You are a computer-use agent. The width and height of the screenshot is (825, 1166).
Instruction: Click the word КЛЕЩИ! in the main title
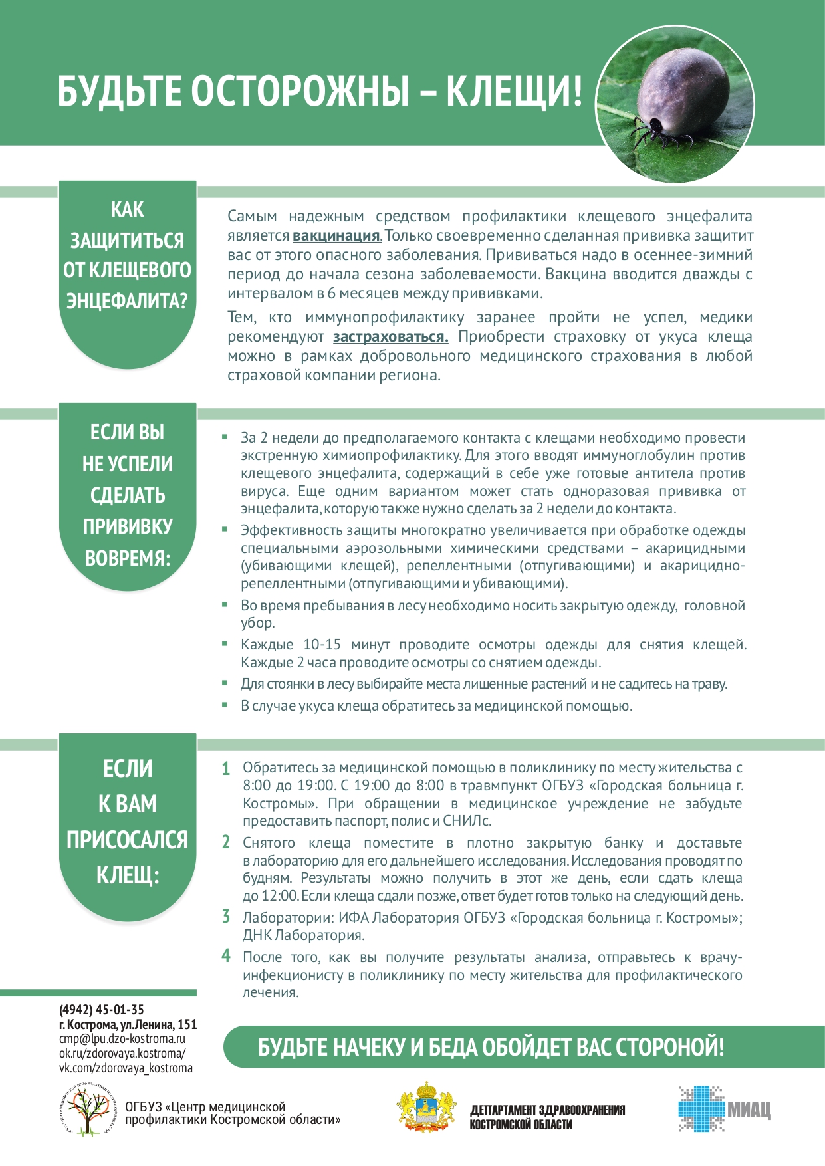(x=514, y=91)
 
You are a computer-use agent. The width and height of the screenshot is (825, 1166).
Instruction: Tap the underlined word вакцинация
(x=336, y=236)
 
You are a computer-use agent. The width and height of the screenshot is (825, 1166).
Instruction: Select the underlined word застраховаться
(x=390, y=337)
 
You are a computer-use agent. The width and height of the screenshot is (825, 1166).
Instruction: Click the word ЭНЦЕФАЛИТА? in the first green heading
(x=127, y=301)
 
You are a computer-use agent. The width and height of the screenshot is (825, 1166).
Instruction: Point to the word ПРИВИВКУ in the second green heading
(x=127, y=526)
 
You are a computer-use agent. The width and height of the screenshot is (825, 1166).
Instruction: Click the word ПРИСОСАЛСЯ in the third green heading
(x=127, y=840)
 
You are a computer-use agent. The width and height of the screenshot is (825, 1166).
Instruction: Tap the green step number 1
(x=226, y=769)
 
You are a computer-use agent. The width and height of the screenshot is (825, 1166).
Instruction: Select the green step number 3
(x=226, y=917)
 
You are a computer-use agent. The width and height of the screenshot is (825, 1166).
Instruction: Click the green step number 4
(x=226, y=957)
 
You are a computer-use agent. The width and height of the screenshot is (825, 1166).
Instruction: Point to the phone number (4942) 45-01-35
(x=101, y=1010)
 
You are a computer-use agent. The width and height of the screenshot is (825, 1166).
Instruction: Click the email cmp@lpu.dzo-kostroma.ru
(x=122, y=1039)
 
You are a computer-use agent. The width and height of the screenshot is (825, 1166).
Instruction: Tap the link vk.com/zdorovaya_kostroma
(x=126, y=1068)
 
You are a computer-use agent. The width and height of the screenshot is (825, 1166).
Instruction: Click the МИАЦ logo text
(x=749, y=1109)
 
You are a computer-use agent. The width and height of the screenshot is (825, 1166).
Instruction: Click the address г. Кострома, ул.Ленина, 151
(x=128, y=1024)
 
